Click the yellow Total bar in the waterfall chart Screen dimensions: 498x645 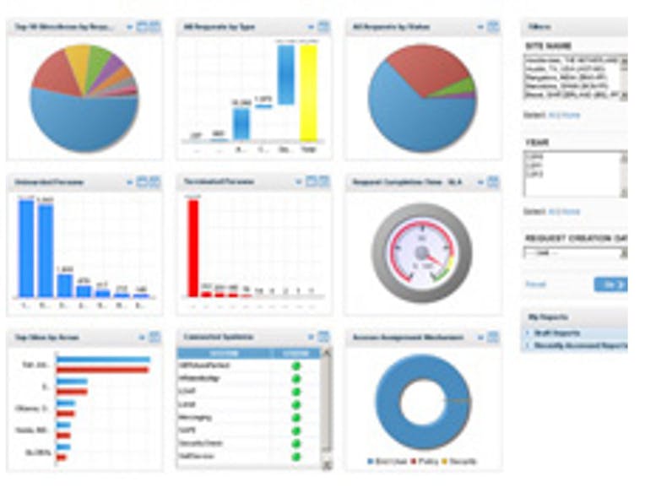point(309,93)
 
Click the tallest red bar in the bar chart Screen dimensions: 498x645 point(193,247)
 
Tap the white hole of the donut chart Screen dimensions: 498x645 point(423,402)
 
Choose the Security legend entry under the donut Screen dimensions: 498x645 point(461,462)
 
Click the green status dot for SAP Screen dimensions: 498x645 point(296,430)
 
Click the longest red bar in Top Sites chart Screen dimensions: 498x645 point(102,370)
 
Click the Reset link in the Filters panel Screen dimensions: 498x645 point(535,284)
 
